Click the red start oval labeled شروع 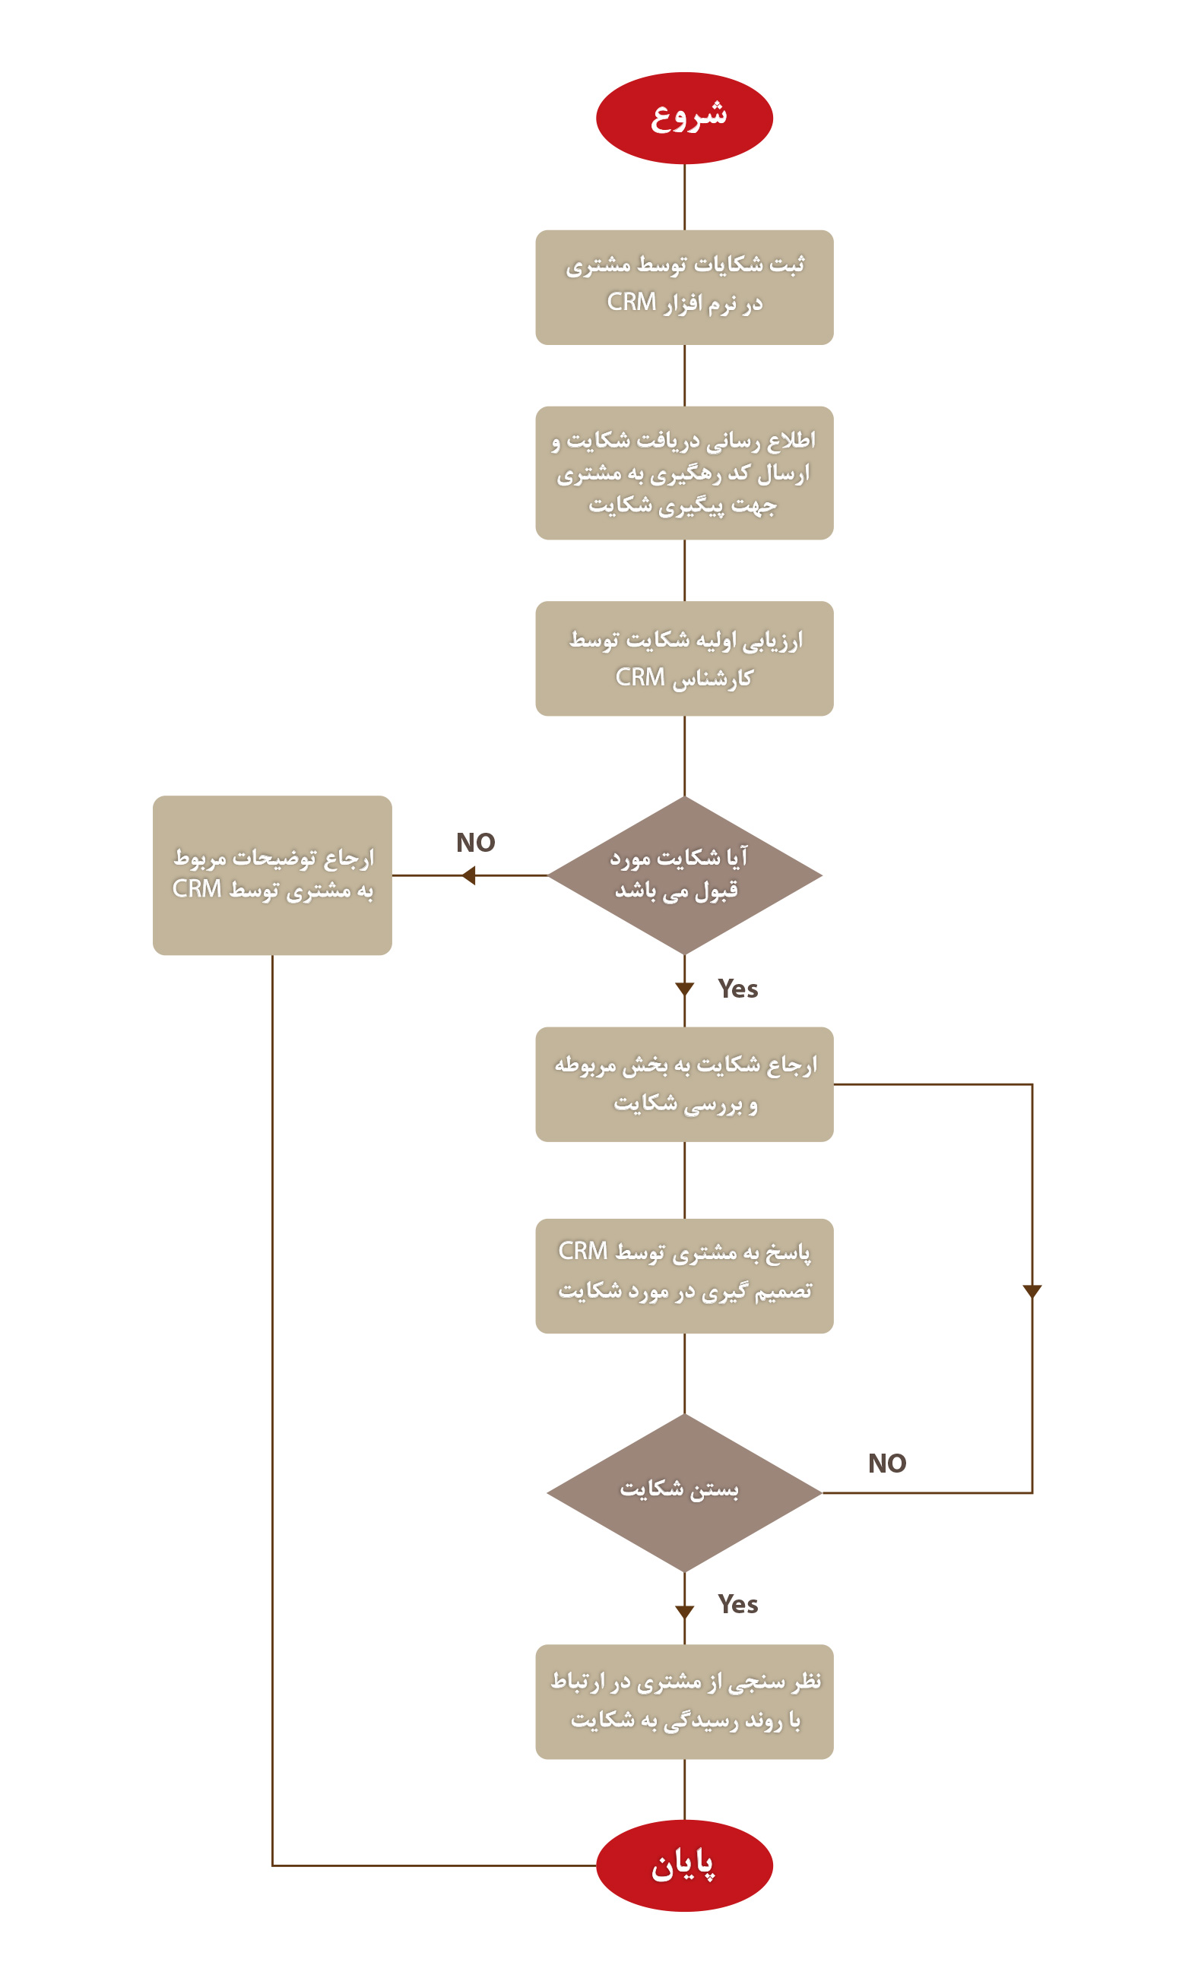[x=683, y=119]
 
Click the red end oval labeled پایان [x=683, y=1865]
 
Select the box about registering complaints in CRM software [x=683, y=287]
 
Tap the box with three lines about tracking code [x=683, y=473]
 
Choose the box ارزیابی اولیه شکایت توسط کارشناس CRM [x=683, y=658]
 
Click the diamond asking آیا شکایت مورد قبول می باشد [x=683, y=875]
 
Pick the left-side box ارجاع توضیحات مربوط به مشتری [x=272, y=875]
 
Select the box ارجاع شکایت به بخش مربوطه [x=683, y=1084]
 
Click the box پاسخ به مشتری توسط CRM [x=683, y=1276]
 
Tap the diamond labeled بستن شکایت [x=683, y=1492]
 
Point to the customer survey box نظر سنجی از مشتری [x=683, y=1701]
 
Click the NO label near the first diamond [x=475, y=843]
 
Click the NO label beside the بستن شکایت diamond [x=886, y=1463]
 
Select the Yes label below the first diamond [x=737, y=989]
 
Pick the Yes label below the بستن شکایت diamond [x=737, y=1604]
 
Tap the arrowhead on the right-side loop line [x=1032, y=1291]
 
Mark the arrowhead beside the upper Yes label [x=684, y=989]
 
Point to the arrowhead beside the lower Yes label [x=684, y=1612]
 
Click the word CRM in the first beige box [x=631, y=302]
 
